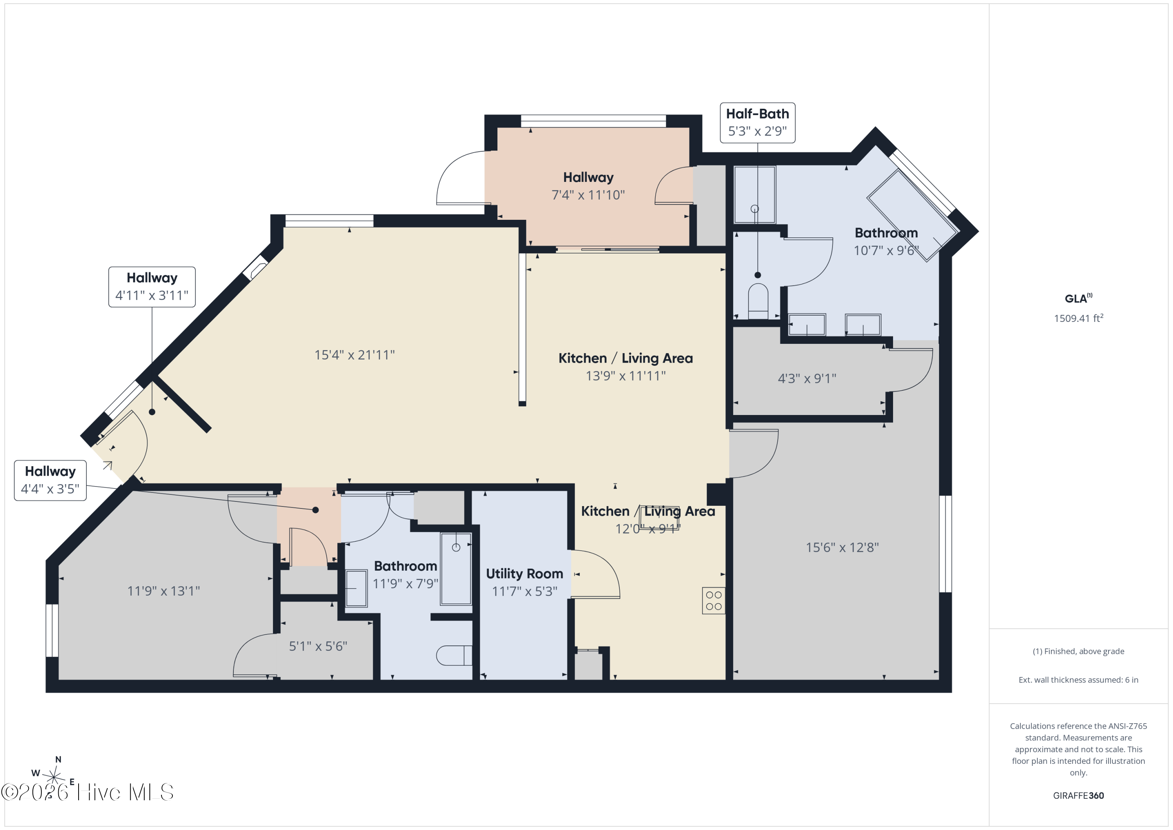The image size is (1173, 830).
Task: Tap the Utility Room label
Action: coord(524,574)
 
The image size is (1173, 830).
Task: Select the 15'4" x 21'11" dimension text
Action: coord(355,355)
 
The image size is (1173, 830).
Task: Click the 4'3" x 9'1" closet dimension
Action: coord(807,378)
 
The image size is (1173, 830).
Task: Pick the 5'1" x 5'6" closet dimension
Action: coord(318,646)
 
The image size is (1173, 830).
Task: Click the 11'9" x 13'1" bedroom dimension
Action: coord(163,591)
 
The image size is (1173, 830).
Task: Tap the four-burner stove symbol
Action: coord(714,600)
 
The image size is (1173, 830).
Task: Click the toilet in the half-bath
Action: coord(758,301)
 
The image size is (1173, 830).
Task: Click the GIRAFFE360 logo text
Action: coord(1078,795)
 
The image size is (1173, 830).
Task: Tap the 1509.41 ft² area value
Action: coord(1078,318)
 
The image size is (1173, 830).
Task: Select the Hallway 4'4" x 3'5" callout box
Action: coord(50,480)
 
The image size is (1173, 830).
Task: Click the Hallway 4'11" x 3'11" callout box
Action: coord(152,287)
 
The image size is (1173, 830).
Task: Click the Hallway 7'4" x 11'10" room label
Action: coord(588,186)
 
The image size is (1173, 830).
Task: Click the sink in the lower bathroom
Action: coord(356,588)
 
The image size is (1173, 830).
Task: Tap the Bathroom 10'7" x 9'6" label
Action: coord(886,241)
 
